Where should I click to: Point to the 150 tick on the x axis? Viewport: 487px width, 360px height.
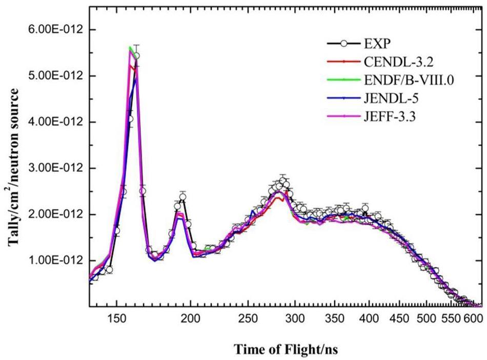pos(116,318)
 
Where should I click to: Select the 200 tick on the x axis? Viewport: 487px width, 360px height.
pos(191,318)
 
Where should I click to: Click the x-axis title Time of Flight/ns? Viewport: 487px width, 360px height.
pos(286,350)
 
